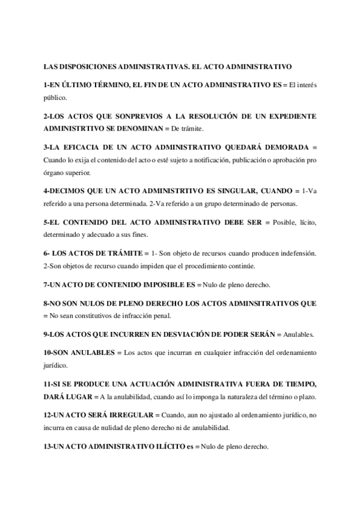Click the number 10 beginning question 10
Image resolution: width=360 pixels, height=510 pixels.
tap(48, 351)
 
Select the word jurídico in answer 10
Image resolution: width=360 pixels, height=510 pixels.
tap(57, 364)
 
